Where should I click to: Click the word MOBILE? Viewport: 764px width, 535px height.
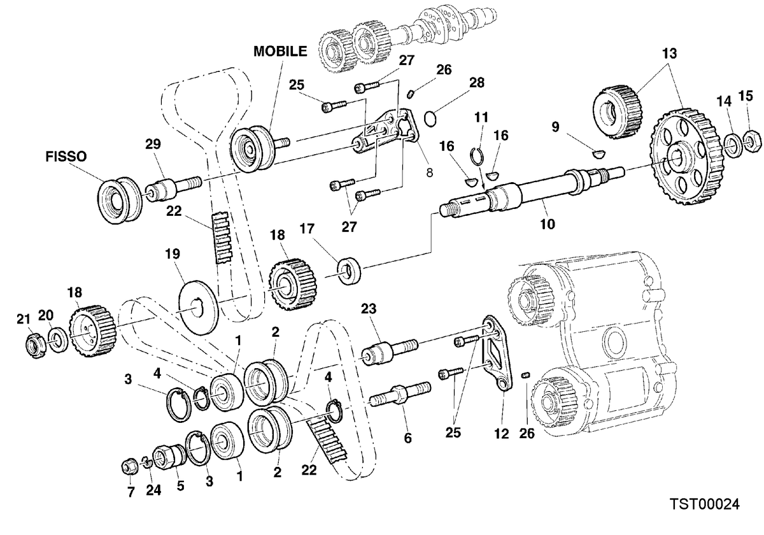click(x=280, y=51)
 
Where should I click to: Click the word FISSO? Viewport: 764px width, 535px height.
click(x=66, y=156)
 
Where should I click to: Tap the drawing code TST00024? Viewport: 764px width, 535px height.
click(x=704, y=504)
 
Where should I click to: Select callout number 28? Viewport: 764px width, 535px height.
click(x=476, y=83)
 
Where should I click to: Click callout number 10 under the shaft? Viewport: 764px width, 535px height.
click(x=548, y=224)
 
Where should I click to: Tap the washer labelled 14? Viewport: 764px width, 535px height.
click(x=732, y=146)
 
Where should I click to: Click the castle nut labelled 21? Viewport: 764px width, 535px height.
click(x=36, y=346)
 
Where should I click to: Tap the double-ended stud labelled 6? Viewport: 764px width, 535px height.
click(x=401, y=395)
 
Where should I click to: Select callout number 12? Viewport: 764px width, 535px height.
click(x=502, y=434)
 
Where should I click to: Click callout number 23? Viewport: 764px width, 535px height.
click(x=369, y=309)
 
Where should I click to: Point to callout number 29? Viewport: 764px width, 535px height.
click(x=153, y=145)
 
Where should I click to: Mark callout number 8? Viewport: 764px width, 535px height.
click(x=429, y=173)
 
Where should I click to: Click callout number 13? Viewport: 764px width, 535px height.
click(x=670, y=53)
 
